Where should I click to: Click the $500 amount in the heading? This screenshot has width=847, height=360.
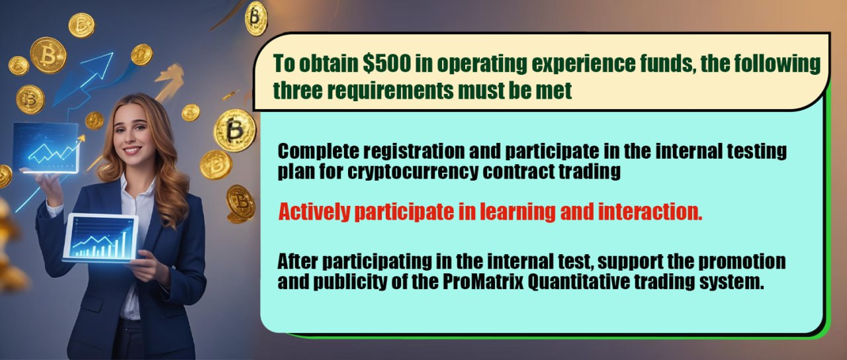386,63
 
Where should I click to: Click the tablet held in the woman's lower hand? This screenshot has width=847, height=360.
100,238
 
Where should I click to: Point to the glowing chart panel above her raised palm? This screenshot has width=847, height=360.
46,148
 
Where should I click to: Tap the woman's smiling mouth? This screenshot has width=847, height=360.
132,150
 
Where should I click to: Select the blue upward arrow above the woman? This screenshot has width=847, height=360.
84,79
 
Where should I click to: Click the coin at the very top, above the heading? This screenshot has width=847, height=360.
256,18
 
